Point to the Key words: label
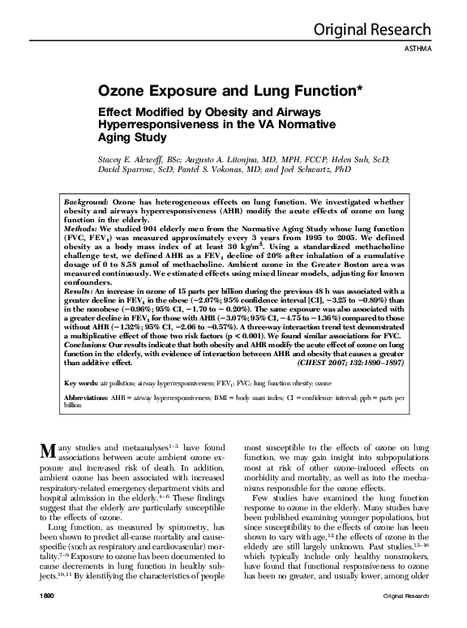(82, 381)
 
